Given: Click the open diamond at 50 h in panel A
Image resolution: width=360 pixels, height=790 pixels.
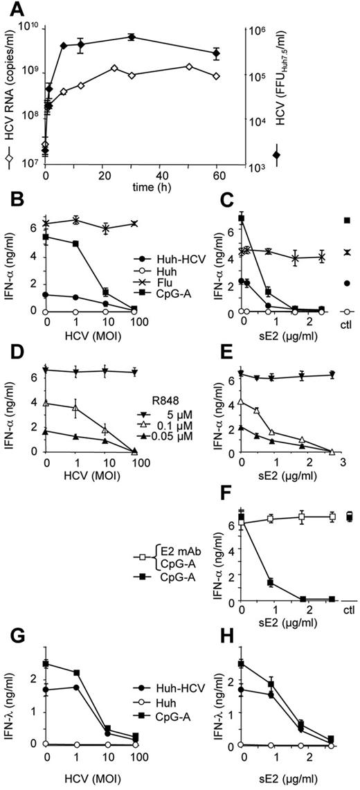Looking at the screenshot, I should coord(188,66).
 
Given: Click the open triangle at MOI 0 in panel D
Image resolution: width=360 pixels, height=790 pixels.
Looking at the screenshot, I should coord(46,402).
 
